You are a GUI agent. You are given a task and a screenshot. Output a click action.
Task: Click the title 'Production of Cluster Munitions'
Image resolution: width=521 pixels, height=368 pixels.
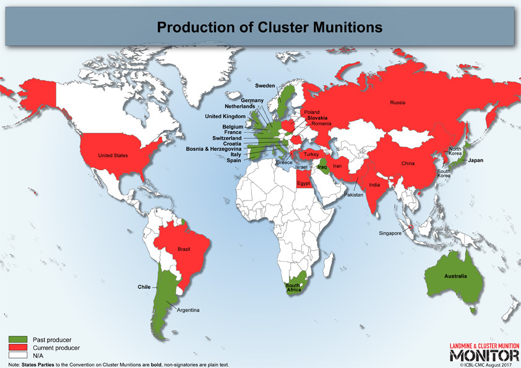click(260, 28)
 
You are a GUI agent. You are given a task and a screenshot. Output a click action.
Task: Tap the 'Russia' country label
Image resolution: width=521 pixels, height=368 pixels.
click(398, 102)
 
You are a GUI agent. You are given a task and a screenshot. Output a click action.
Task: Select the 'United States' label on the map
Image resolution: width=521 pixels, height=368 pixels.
click(113, 156)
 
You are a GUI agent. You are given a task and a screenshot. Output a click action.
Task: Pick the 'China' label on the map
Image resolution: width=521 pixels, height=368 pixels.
click(408, 164)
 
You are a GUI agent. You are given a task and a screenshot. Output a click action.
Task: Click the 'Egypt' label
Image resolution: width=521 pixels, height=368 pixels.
click(304, 184)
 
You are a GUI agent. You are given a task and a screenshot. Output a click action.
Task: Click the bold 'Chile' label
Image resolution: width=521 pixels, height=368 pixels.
click(144, 287)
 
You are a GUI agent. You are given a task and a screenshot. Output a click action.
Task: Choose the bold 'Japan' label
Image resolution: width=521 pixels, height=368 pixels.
click(476, 160)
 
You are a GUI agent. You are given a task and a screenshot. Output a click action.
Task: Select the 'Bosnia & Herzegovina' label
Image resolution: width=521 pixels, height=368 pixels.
click(215, 148)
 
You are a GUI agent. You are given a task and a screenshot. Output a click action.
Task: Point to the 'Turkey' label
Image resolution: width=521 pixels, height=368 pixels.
click(312, 154)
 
